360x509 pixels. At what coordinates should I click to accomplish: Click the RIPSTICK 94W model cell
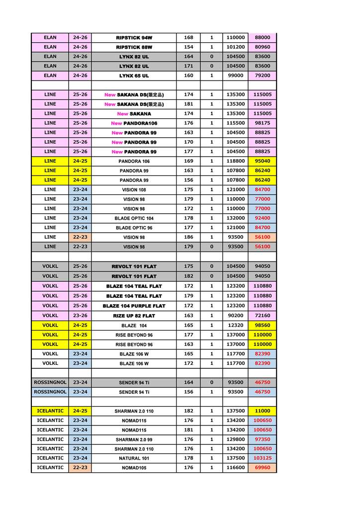coord(134,38)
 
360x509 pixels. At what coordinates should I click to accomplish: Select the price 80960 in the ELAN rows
coord(262,47)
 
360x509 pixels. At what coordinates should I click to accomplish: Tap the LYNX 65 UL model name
coord(134,76)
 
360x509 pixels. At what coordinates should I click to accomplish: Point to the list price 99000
coord(235,76)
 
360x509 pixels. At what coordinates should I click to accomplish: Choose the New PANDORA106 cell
coord(134,123)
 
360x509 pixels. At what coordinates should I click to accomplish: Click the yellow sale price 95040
coord(262,161)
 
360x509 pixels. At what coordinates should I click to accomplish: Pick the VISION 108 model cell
coord(134,190)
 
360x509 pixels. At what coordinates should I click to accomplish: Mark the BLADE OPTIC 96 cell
coord(134,228)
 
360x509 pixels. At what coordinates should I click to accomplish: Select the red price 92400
coord(262,218)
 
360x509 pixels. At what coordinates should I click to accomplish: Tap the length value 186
coord(188,237)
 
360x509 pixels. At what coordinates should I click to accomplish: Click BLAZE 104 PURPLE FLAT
coord(134,306)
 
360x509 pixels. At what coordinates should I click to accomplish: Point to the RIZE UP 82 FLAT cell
coord(134,316)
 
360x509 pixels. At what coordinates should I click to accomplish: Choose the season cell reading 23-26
coord(80,316)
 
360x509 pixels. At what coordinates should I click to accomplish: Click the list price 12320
coord(235,325)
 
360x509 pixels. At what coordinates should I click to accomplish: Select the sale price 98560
coord(262,325)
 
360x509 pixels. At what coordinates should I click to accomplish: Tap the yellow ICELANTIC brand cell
coord(50,411)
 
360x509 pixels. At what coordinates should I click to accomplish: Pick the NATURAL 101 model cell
coord(134,458)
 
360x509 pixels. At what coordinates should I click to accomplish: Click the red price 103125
coord(262,458)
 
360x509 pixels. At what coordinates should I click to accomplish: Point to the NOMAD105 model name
coord(134,468)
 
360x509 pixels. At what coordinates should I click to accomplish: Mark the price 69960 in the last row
coord(262,468)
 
